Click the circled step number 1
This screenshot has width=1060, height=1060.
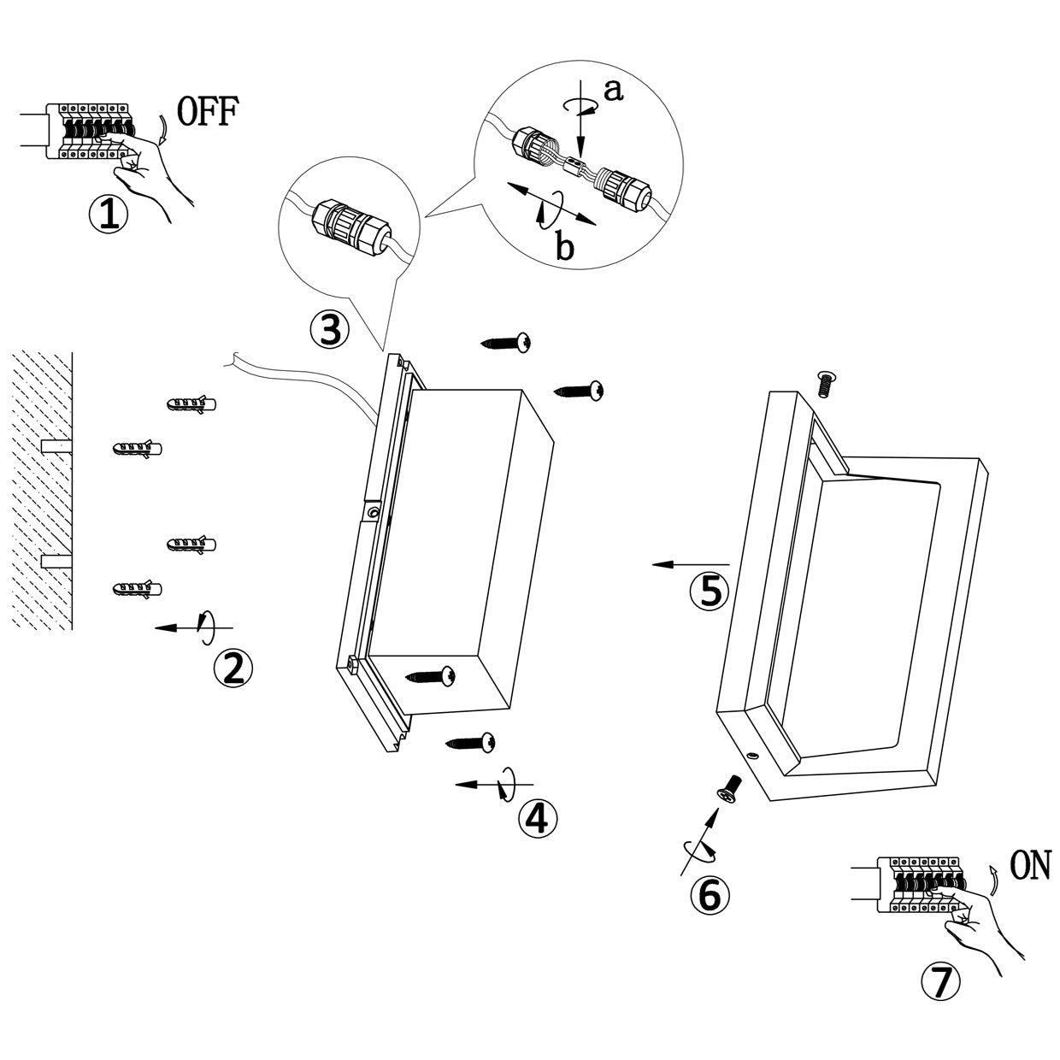pos(109,215)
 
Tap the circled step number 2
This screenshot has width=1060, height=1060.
pos(233,668)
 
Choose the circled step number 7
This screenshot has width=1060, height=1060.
pos(940,984)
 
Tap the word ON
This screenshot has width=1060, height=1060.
pos(1029,867)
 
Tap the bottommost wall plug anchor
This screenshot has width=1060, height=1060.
pos(137,589)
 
